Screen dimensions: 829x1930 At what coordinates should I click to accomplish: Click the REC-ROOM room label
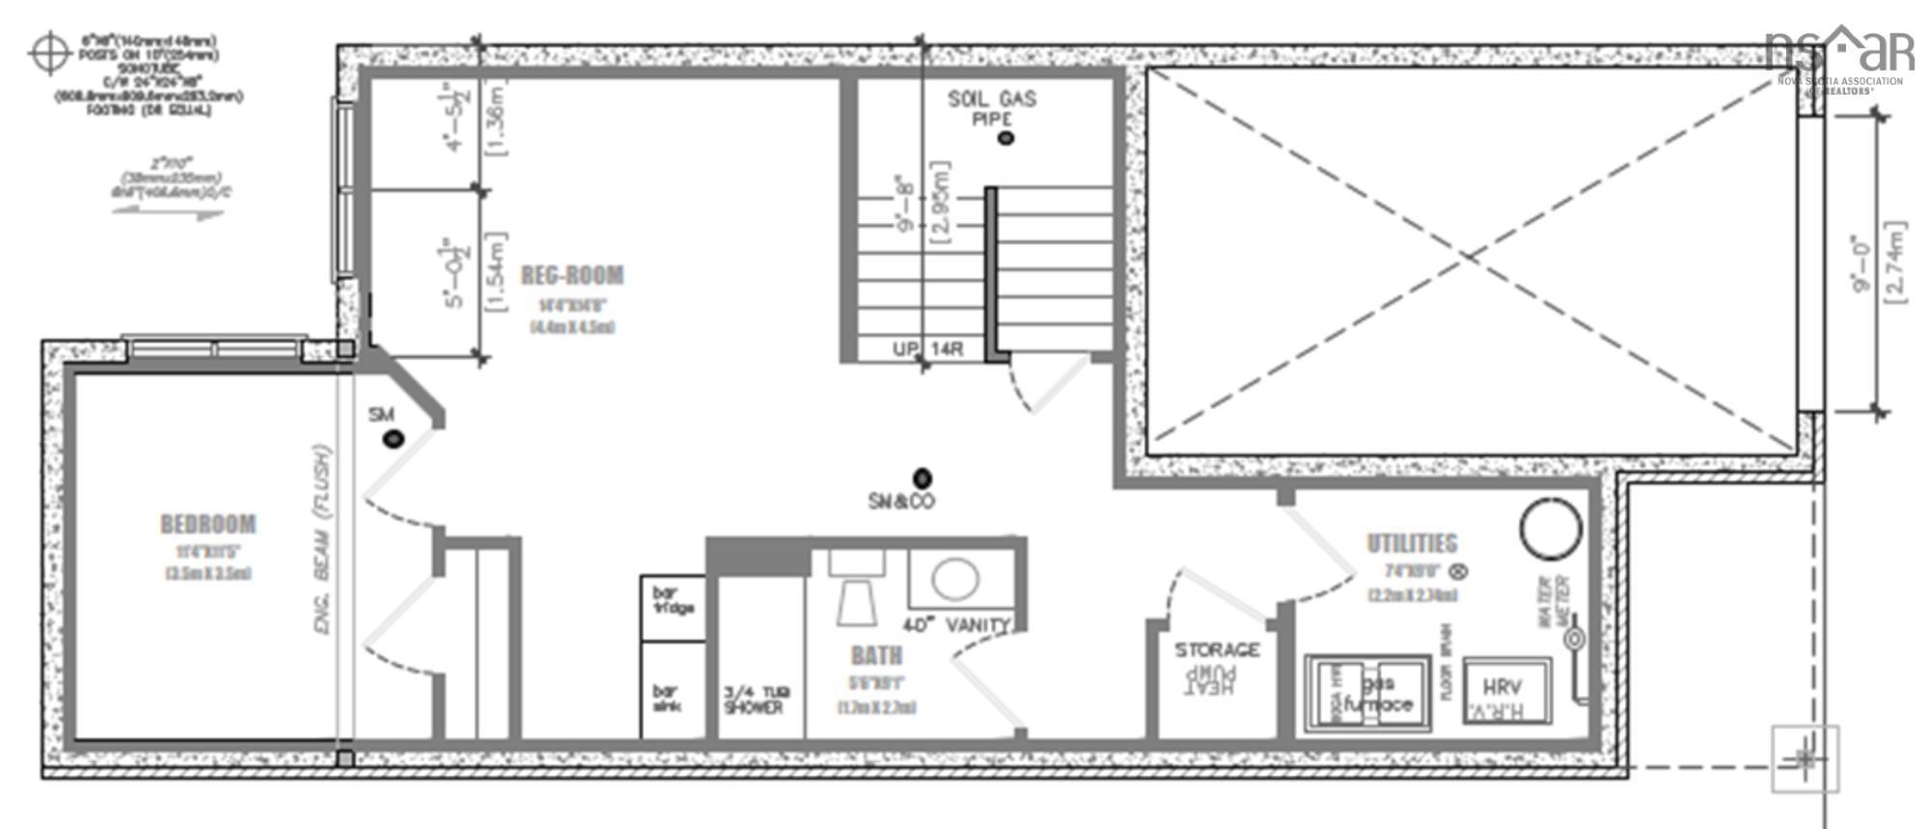click(572, 276)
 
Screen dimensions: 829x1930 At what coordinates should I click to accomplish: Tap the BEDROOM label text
click(208, 524)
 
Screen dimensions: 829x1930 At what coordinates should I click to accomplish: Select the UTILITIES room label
click(1412, 543)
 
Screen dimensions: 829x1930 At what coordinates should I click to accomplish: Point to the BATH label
click(876, 656)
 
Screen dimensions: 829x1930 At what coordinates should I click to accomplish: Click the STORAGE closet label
click(1217, 650)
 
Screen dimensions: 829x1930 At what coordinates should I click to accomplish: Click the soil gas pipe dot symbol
click(1006, 138)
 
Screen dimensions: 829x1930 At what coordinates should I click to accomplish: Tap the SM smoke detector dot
click(393, 439)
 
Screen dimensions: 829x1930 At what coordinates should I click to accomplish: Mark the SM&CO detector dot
click(923, 478)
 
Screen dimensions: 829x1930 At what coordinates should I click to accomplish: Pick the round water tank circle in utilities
click(1551, 529)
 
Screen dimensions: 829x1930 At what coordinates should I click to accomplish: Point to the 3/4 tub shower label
click(755, 700)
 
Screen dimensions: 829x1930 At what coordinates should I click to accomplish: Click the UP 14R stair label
click(926, 349)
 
